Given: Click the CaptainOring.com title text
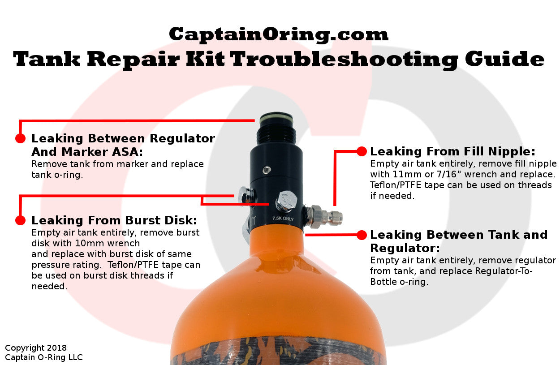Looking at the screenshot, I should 278,34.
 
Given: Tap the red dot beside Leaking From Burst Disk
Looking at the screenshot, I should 20,220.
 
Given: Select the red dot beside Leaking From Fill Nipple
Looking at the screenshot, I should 362,151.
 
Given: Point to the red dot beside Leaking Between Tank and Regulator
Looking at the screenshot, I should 362,234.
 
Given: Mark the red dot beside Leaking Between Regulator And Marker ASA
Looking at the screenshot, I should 20,138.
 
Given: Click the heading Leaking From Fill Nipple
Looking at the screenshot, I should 452,151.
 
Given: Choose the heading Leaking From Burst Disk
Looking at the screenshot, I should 114,220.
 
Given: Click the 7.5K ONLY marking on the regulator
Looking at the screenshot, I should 283,219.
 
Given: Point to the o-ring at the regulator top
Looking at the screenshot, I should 276,118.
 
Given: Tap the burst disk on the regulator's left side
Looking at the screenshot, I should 245,196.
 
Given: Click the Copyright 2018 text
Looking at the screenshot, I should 36,348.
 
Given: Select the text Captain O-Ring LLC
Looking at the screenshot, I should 44,357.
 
